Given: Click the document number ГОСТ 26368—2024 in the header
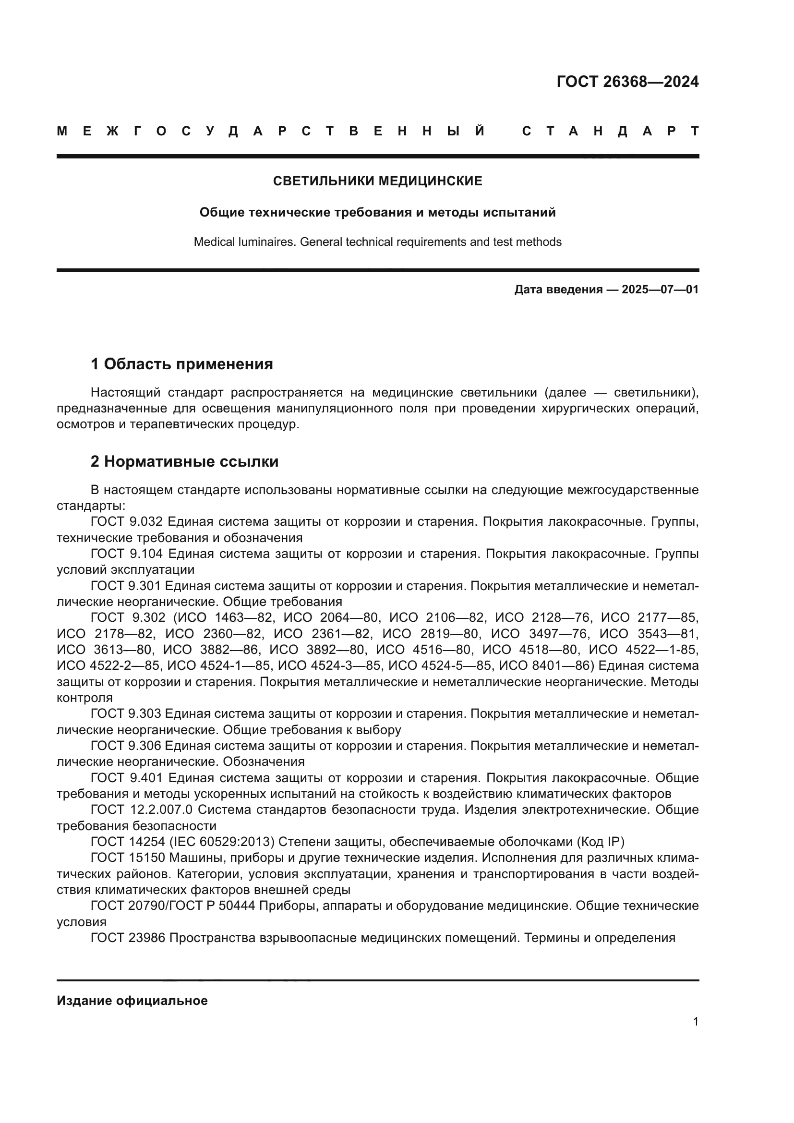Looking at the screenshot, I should coord(627,82).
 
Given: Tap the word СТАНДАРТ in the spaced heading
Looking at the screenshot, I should coord(610,131).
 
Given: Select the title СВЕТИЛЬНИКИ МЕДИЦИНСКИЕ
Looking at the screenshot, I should coord(377,181).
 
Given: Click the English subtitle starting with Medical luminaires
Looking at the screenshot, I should coord(377,242).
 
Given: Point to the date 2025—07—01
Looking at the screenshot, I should coord(660,290).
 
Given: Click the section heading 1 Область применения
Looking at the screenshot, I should coord(181,364).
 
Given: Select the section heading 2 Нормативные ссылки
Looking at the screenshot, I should coord(184,462).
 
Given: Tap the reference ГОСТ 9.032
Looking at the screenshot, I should coord(127,522).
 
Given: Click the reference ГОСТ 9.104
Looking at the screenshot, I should coord(127,554).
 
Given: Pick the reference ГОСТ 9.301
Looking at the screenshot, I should coord(127,586).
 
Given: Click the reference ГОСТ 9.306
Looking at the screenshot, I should coord(127,746).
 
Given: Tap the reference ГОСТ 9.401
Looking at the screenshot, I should coord(127,778).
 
